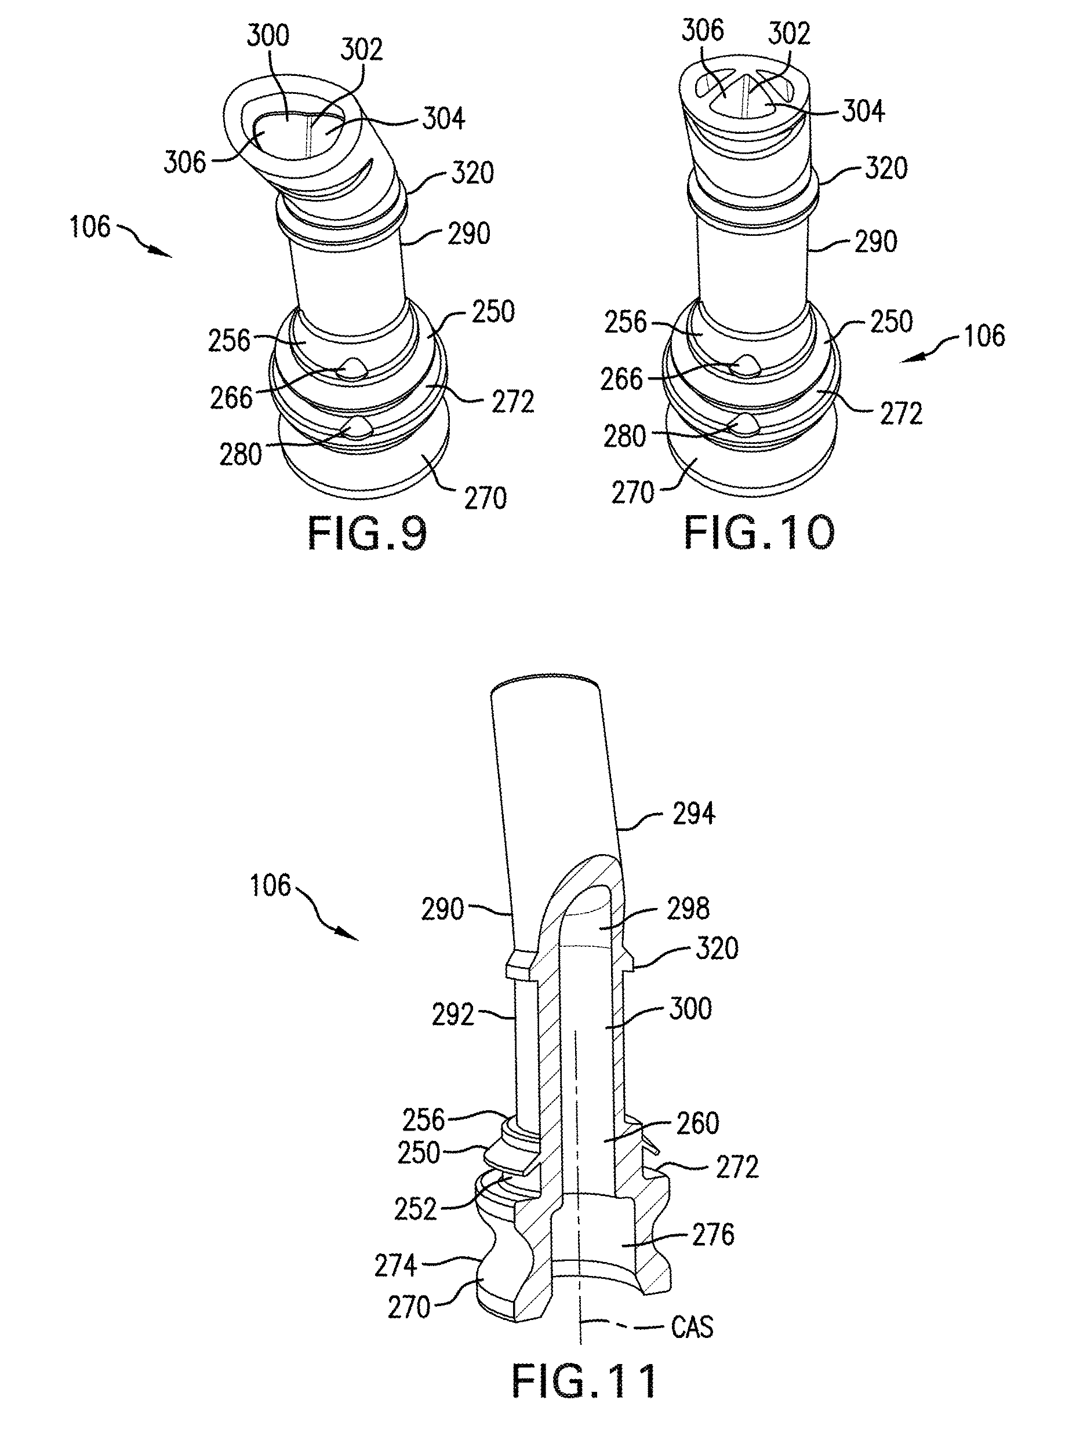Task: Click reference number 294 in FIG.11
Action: tap(694, 814)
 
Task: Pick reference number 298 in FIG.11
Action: tap(688, 909)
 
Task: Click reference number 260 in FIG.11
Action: tap(697, 1124)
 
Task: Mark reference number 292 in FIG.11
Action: tap(453, 1015)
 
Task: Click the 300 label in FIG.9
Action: tap(268, 35)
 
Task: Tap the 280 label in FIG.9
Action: tap(241, 455)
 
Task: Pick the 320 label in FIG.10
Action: tap(886, 169)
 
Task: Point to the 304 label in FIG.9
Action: tap(443, 119)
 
